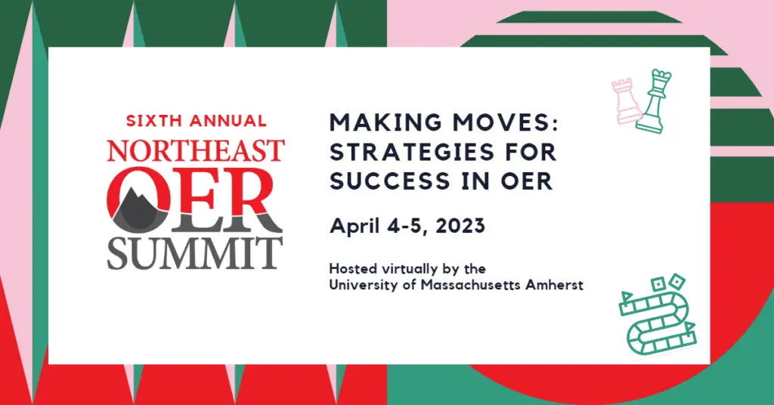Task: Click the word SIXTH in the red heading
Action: click(154, 120)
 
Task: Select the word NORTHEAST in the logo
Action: click(196, 150)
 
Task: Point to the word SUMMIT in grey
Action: click(195, 253)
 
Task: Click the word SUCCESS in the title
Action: click(390, 181)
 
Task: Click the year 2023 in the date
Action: click(460, 226)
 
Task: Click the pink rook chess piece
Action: click(626, 101)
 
